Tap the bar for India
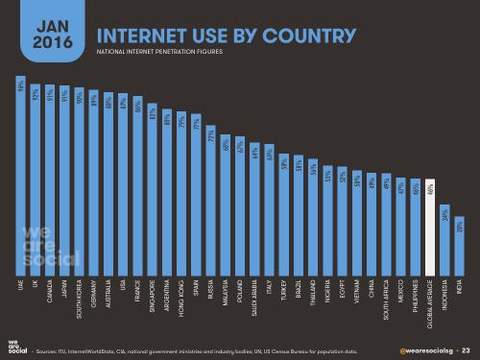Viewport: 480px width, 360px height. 460,250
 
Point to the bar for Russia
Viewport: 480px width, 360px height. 211,203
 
